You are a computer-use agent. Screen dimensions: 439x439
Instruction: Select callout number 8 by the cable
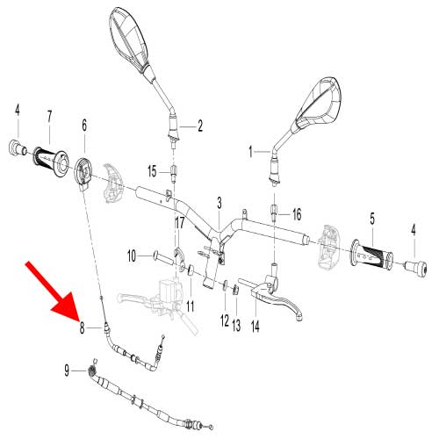[82, 329]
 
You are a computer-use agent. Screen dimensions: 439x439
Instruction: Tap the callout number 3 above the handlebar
[219, 204]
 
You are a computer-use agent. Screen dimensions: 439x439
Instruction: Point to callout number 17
[179, 224]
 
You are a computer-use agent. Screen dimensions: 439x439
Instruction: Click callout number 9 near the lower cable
[68, 371]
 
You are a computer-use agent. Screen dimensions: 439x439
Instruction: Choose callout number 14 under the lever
[255, 326]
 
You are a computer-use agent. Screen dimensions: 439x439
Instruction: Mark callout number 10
[132, 256]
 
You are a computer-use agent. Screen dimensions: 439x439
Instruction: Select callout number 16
[296, 213]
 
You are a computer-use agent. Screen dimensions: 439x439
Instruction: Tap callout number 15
[152, 170]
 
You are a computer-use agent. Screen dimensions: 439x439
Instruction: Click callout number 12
[224, 319]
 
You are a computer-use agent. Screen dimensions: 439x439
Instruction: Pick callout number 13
[236, 326]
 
